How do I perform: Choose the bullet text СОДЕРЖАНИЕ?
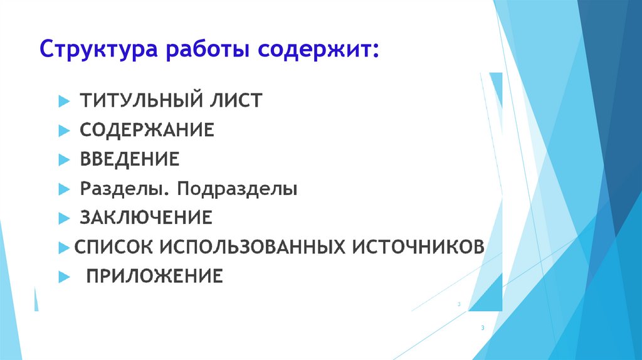(x=147, y=130)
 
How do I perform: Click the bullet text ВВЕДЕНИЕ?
(x=129, y=159)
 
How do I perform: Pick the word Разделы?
(x=120, y=189)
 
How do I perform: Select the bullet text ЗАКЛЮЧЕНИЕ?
(x=146, y=218)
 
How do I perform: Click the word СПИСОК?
(x=112, y=246)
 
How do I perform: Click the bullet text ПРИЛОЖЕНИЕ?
(x=154, y=275)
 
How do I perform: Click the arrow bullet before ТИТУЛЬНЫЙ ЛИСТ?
(x=63, y=101)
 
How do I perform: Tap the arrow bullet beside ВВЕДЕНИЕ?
(x=63, y=159)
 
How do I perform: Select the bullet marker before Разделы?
(x=63, y=189)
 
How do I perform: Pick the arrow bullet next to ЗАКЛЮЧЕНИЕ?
(x=63, y=218)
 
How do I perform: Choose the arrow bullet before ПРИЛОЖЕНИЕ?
(x=63, y=276)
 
